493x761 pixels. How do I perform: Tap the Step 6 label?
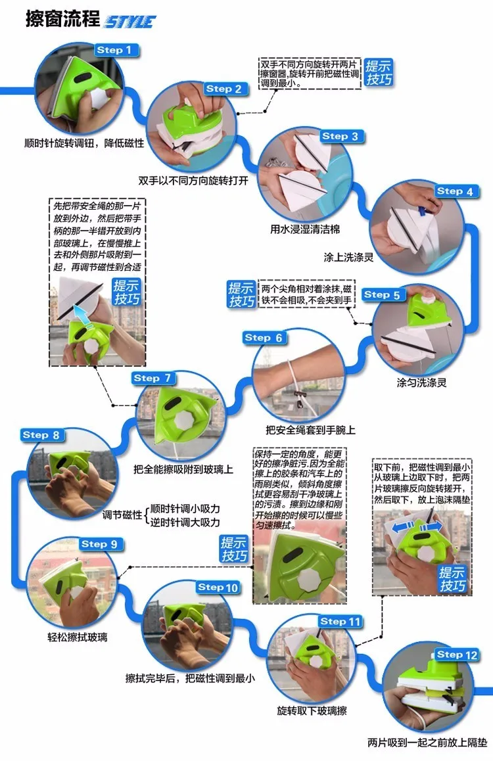point(264,338)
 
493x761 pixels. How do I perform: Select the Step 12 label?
point(457,655)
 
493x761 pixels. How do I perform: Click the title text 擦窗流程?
point(62,19)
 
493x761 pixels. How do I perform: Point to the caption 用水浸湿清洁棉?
point(305,229)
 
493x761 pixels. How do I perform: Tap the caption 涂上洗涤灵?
point(348,257)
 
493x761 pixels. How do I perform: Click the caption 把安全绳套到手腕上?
point(310,430)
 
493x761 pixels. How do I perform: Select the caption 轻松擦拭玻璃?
point(78,637)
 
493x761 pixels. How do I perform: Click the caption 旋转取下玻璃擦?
point(312,711)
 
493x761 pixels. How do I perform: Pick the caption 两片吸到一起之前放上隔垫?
point(427,743)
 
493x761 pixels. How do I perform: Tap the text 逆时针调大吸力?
point(185,522)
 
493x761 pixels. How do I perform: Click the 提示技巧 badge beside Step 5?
point(242,294)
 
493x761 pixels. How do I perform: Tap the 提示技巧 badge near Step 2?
point(379,73)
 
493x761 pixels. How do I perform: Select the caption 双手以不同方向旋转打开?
point(193,181)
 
